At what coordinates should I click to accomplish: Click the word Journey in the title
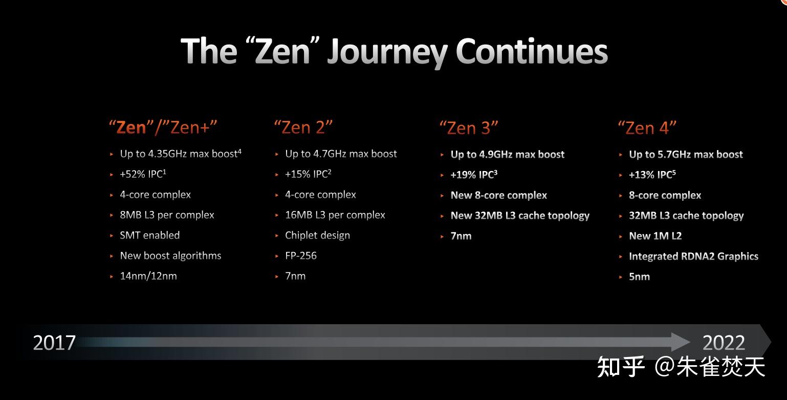point(387,53)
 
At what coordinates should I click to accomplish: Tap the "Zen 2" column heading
point(303,128)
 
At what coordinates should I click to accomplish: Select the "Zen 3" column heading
point(469,128)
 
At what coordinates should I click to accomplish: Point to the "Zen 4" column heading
point(647,128)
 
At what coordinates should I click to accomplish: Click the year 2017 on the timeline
point(54,343)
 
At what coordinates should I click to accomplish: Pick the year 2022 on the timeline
point(724,343)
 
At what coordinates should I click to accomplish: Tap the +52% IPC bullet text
point(143,174)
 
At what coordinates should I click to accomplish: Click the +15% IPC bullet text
point(308,174)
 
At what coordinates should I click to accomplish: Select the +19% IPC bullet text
point(474,175)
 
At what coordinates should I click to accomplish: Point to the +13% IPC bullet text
point(652,175)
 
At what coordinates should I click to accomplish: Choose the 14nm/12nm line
point(148,276)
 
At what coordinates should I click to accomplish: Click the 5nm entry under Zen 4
point(640,277)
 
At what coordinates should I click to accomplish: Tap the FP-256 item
point(301,256)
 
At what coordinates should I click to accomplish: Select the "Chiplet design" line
point(318,236)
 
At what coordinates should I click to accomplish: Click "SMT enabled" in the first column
point(149,235)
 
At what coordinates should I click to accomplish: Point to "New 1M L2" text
point(655,236)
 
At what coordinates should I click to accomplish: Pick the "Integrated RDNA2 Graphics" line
point(693,256)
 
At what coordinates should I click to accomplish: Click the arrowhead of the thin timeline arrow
point(680,342)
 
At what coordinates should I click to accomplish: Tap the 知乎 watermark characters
point(621,367)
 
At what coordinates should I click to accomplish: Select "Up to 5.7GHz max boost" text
point(686,155)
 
